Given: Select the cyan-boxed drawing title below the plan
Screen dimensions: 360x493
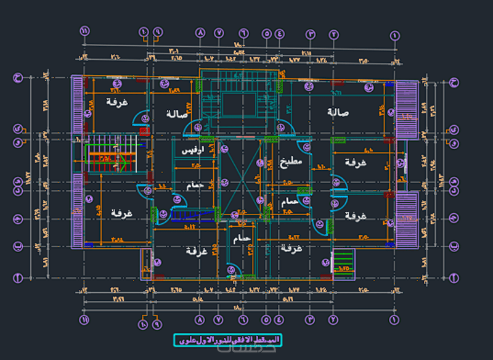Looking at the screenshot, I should coord(227,340).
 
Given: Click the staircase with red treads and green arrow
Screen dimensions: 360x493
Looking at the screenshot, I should coord(110,158).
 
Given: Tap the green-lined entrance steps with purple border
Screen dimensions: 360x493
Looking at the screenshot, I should coord(343,262).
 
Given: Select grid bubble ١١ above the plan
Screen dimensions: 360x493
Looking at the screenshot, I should coord(85,32).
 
